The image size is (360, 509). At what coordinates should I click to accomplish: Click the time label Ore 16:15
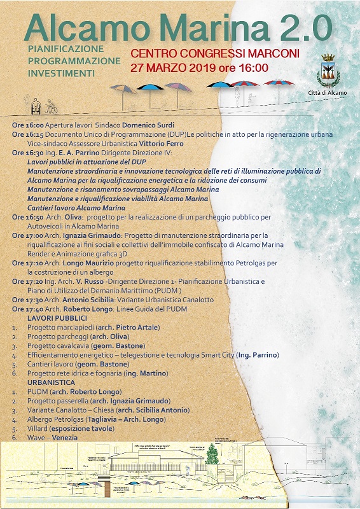(x=26, y=136)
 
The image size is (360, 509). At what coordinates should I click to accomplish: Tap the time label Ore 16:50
(x=26, y=217)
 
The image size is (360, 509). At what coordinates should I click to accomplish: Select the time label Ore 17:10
(x=26, y=262)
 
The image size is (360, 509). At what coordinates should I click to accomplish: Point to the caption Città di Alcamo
(x=329, y=93)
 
